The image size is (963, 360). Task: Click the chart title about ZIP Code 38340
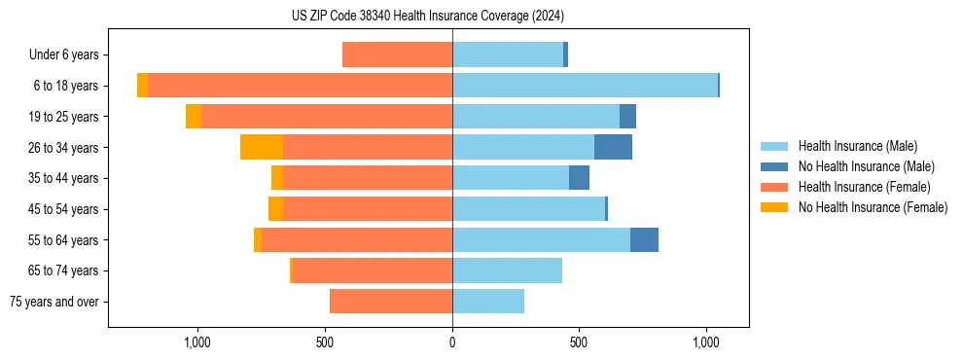pyautogui.click(x=427, y=17)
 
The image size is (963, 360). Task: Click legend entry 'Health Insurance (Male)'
pyautogui.click(x=857, y=146)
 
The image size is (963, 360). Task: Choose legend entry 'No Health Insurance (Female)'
pyautogui.click(x=872, y=207)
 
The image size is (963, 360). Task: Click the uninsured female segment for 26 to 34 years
pyautogui.click(x=262, y=147)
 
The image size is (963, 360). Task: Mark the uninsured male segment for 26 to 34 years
pyautogui.click(x=613, y=147)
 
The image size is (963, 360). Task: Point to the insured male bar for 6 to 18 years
pyautogui.click(x=585, y=86)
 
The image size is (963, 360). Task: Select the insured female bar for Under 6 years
pyautogui.click(x=397, y=54)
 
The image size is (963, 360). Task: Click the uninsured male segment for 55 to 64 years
pyautogui.click(x=644, y=239)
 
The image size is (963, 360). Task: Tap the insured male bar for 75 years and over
pyautogui.click(x=488, y=302)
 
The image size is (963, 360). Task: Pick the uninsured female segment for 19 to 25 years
pyautogui.click(x=194, y=117)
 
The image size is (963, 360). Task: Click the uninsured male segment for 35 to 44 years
pyautogui.click(x=579, y=178)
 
